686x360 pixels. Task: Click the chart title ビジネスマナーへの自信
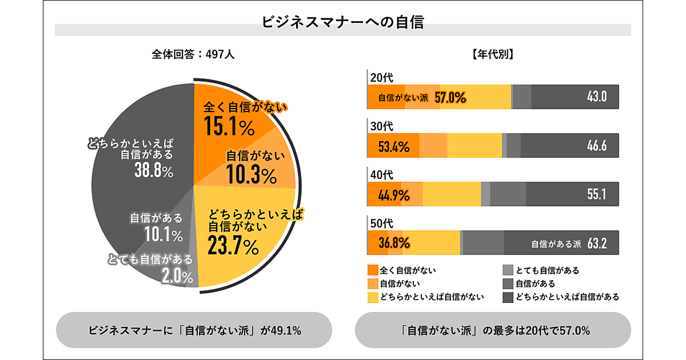[342, 22]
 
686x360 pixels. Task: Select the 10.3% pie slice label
[252, 176]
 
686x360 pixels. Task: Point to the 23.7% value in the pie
[233, 247]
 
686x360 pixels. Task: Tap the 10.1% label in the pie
[163, 234]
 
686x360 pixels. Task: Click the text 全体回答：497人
[193, 55]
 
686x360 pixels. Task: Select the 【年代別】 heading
[492, 55]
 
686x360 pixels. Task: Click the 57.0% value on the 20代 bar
[450, 98]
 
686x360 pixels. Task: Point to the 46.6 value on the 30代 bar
[597, 146]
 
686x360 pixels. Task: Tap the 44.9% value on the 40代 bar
[394, 195]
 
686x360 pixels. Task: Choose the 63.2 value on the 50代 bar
[597, 244]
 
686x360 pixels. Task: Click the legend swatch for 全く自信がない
[373, 270]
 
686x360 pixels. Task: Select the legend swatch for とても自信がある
[508, 270]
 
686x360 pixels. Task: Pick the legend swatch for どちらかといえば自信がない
[373, 297]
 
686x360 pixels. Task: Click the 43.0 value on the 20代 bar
[597, 97]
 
